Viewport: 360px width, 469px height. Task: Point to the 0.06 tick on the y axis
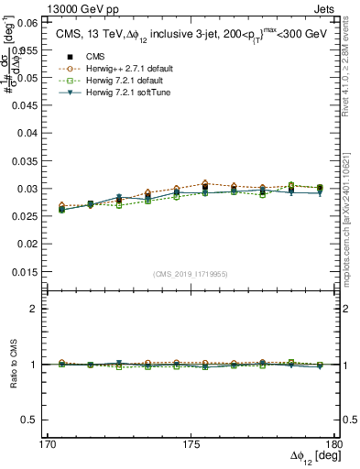[28, 22]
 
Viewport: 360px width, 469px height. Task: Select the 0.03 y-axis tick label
[27, 189]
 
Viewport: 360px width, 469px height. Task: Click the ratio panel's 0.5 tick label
[31, 420]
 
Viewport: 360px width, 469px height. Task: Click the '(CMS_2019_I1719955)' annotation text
[190, 273]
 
